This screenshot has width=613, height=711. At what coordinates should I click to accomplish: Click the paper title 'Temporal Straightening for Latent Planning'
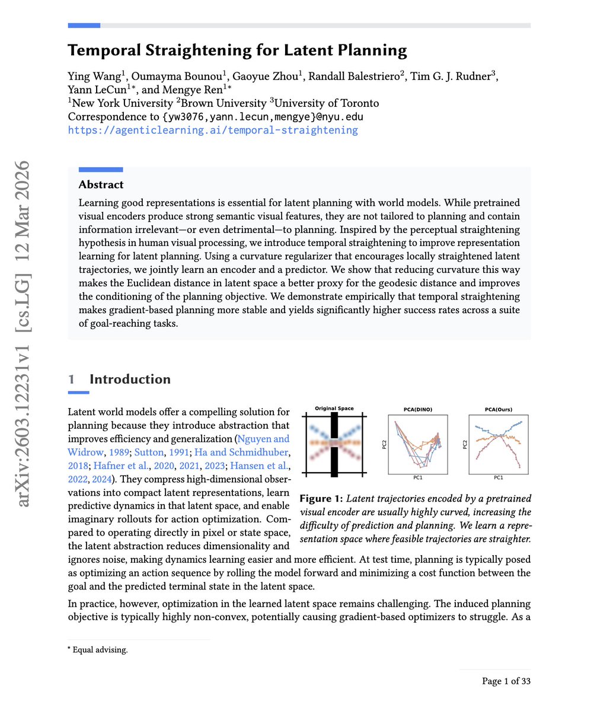[x=237, y=50]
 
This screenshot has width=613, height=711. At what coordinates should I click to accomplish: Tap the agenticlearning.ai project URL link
[x=213, y=130]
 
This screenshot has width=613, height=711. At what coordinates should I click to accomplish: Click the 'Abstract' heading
[x=101, y=184]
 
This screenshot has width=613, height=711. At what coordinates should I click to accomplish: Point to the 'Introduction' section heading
[x=130, y=379]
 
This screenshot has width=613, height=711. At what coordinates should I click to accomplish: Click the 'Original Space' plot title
[x=334, y=409]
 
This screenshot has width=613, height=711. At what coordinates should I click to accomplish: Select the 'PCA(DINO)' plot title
[x=417, y=409]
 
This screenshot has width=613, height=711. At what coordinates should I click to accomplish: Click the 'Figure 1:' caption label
[x=321, y=498]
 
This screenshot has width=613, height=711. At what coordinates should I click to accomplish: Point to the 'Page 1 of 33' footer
[x=506, y=681]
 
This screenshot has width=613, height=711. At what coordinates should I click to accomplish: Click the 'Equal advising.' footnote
[x=100, y=650]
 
